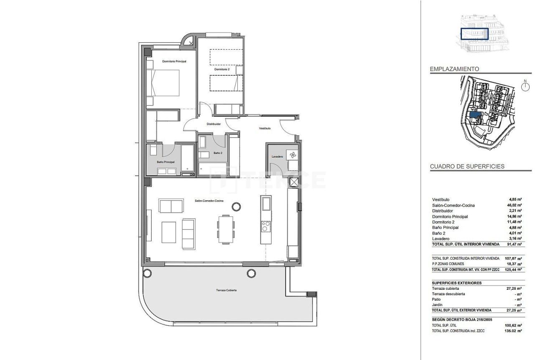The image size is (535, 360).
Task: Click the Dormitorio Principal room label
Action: click(x=174, y=61)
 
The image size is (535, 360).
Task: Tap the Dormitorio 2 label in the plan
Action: click(x=222, y=69)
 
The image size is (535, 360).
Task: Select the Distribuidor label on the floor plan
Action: click(x=213, y=124)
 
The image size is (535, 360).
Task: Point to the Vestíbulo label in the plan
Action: click(x=265, y=128)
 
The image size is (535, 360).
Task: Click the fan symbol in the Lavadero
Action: click(x=291, y=155)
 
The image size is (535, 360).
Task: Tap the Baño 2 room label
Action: click(x=217, y=153)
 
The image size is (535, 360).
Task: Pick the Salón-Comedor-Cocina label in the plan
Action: click(x=209, y=201)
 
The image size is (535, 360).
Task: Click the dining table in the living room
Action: click(x=225, y=229)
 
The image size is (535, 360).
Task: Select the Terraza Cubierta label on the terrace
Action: click(x=227, y=290)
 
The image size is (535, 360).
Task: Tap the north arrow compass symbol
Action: click(x=526, y=86)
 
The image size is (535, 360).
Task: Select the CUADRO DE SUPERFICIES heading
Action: click(x=467, y=166)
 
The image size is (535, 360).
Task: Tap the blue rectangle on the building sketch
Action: click(x=474, y=34)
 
